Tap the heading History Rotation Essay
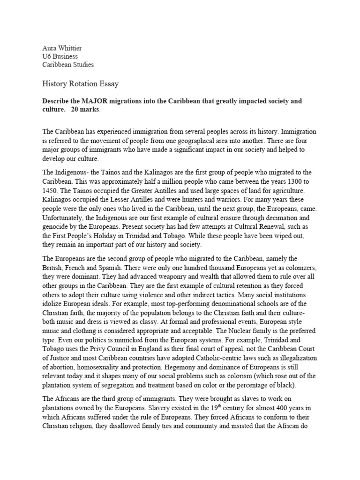[x=80, y=84]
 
